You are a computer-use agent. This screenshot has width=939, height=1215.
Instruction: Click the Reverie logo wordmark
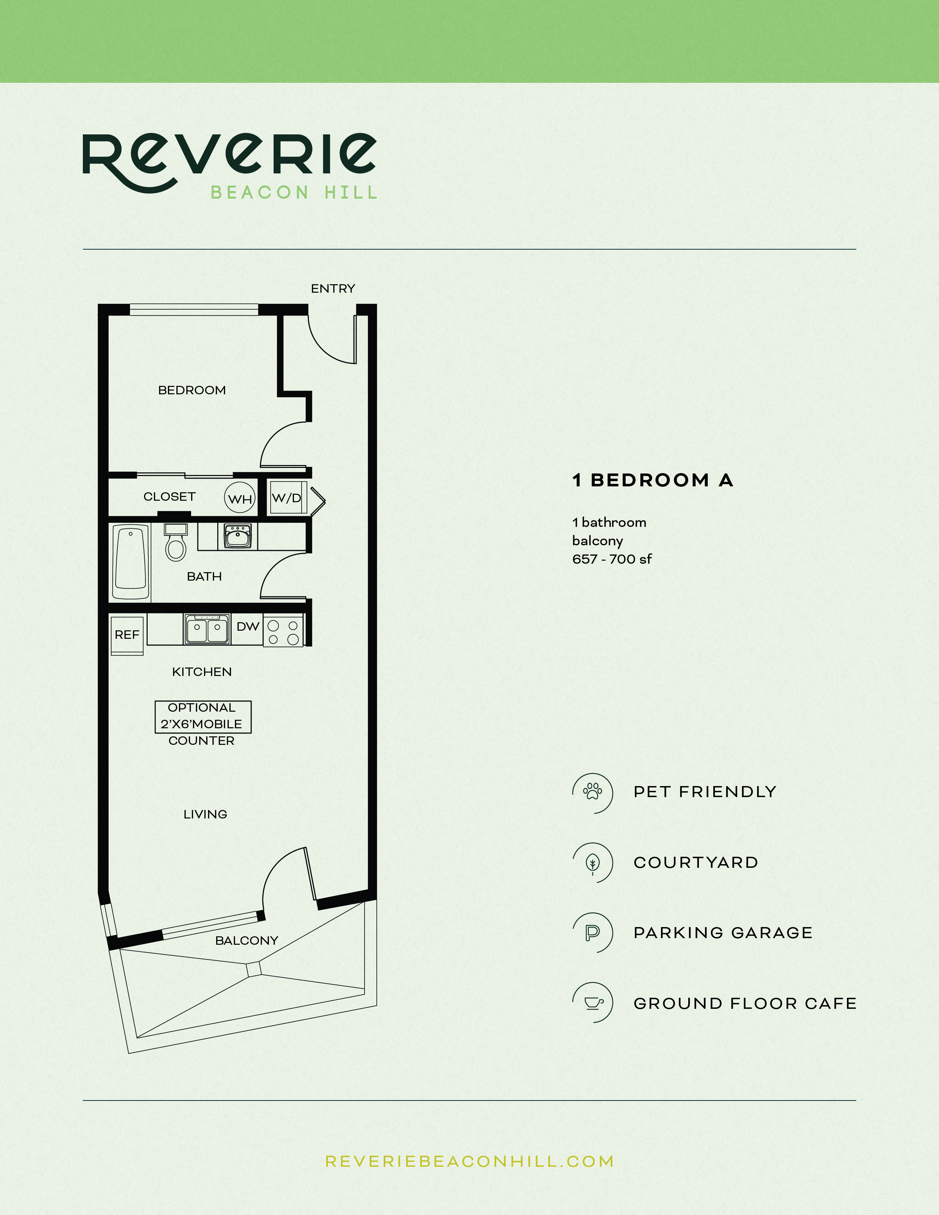pos(229,159)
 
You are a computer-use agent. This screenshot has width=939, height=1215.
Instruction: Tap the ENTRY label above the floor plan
pos(333,289)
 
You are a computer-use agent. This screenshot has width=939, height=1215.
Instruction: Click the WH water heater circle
pos(240,499)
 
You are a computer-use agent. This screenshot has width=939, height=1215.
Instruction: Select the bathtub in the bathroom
pos(131,561)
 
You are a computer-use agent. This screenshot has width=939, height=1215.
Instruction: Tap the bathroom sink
pos(238,536)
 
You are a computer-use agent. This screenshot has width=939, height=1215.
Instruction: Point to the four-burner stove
pos(283,632)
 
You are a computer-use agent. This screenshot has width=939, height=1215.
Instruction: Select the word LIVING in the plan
pos(205,814)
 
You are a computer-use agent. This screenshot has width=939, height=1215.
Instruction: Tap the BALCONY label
pos(246,941)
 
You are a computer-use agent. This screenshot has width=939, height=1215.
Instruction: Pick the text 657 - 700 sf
pos(611,559)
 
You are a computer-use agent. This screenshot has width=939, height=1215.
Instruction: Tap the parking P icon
pos(592,932)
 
